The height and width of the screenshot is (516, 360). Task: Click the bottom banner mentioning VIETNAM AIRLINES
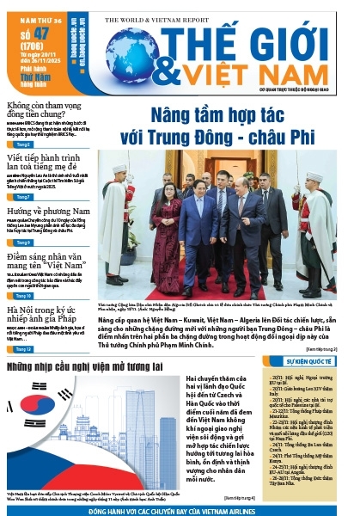[x=179, y=510]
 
